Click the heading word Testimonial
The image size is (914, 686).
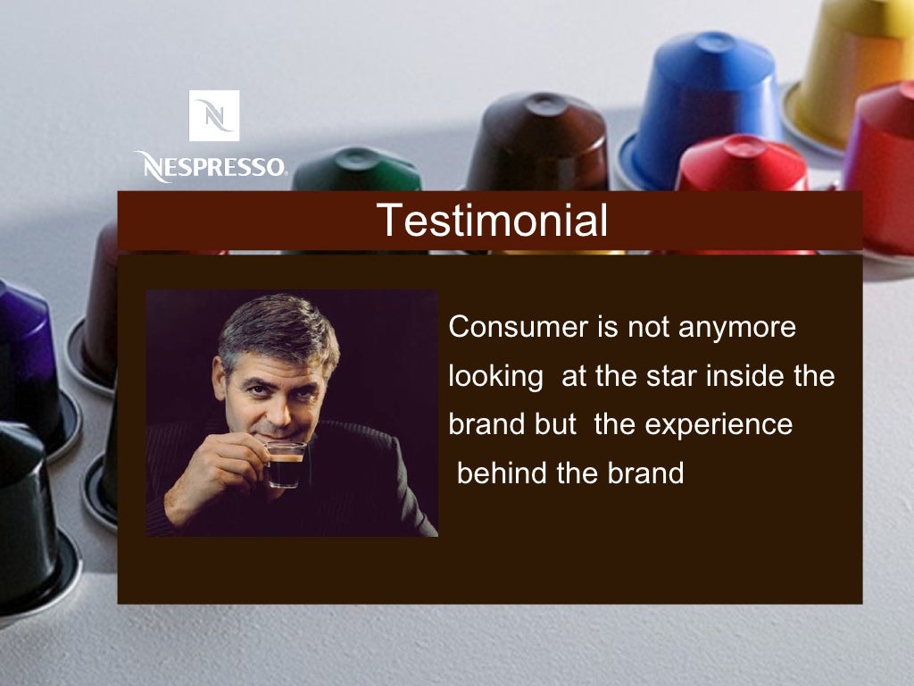491,220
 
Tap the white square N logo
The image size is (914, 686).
213,115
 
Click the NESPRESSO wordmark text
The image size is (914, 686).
211,166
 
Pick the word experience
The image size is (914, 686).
718,424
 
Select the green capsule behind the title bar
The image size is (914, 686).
357,170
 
